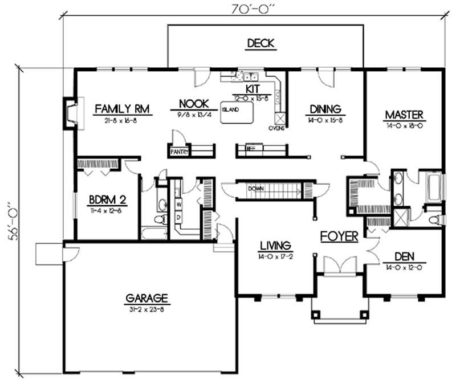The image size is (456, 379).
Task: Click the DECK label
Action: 261,43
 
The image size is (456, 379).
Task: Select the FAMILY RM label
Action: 118,109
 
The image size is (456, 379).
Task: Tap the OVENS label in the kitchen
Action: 276,128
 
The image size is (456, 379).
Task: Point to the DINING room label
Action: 325,109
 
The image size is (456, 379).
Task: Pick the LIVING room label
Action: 276,246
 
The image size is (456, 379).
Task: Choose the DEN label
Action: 403,256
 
